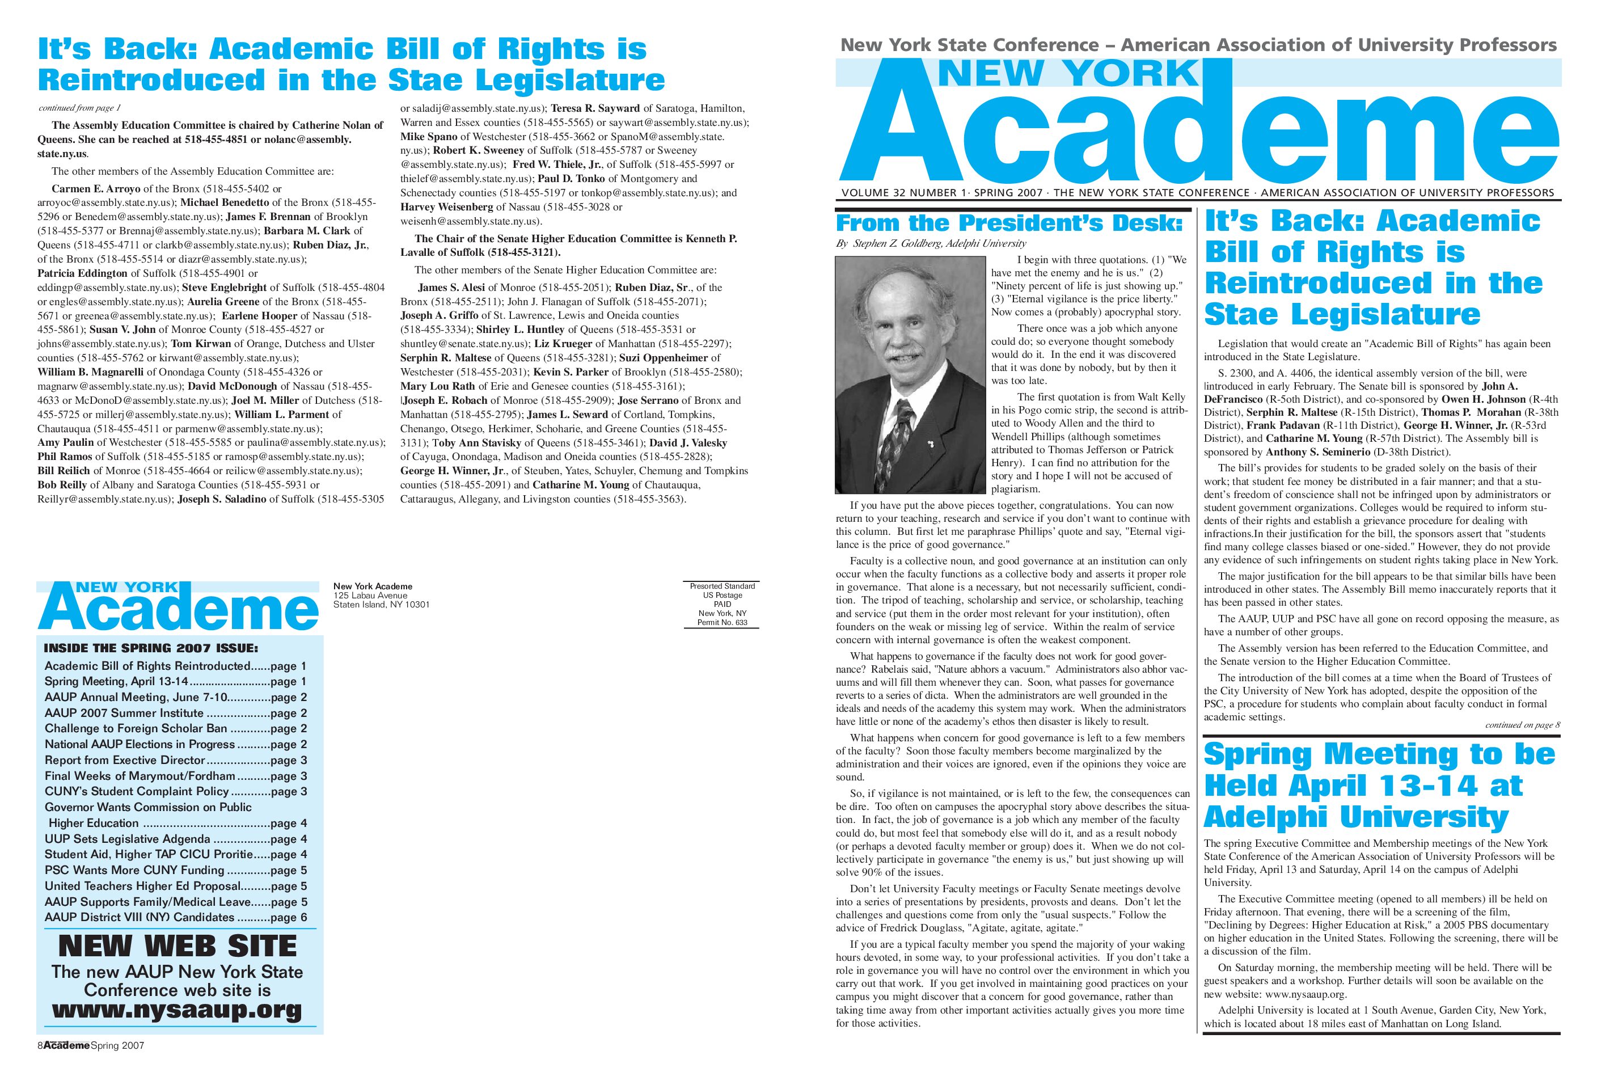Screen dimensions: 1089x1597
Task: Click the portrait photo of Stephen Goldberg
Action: [911, 374]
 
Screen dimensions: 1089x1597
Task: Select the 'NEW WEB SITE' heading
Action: [178, 946]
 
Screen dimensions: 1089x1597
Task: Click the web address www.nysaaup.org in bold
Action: [178, 1011]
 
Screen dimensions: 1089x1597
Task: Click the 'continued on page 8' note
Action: [1522, 725]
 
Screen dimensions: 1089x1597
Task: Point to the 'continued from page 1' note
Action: [80, 108]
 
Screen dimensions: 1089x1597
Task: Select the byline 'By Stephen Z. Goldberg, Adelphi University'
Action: [931, 243]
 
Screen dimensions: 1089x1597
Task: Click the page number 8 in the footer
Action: [40, 1046]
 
